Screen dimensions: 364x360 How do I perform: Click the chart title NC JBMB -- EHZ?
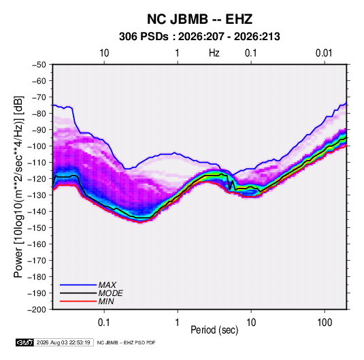(199, 19)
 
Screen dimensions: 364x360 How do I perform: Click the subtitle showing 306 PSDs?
(199, 37)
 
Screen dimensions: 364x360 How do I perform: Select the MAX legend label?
(107, 285)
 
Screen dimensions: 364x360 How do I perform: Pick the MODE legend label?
(110, 293)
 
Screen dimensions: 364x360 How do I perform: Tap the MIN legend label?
(106, 301)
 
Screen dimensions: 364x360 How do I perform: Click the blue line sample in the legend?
(78, 285)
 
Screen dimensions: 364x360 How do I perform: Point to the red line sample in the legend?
(78, 301)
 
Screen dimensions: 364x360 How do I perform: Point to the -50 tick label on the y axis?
(39, 65)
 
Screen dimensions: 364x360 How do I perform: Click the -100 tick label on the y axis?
(37, 146)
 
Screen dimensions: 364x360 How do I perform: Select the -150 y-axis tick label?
(37, 228)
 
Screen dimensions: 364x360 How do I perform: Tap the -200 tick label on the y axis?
(37, 310)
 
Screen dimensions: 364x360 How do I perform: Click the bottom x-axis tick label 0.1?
(104, 323)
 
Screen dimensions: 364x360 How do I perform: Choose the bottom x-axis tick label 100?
(325, 323)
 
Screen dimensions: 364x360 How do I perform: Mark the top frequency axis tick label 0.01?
(324, 53)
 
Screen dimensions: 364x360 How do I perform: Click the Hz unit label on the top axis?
(214, 53)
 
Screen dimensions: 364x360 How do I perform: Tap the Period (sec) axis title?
(214, 330)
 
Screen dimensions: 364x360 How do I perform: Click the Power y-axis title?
(18, 187)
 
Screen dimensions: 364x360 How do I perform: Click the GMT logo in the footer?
(25, 342)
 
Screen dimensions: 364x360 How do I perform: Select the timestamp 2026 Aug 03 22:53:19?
(63, 342)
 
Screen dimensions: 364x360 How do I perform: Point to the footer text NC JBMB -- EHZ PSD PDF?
(126, 342)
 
